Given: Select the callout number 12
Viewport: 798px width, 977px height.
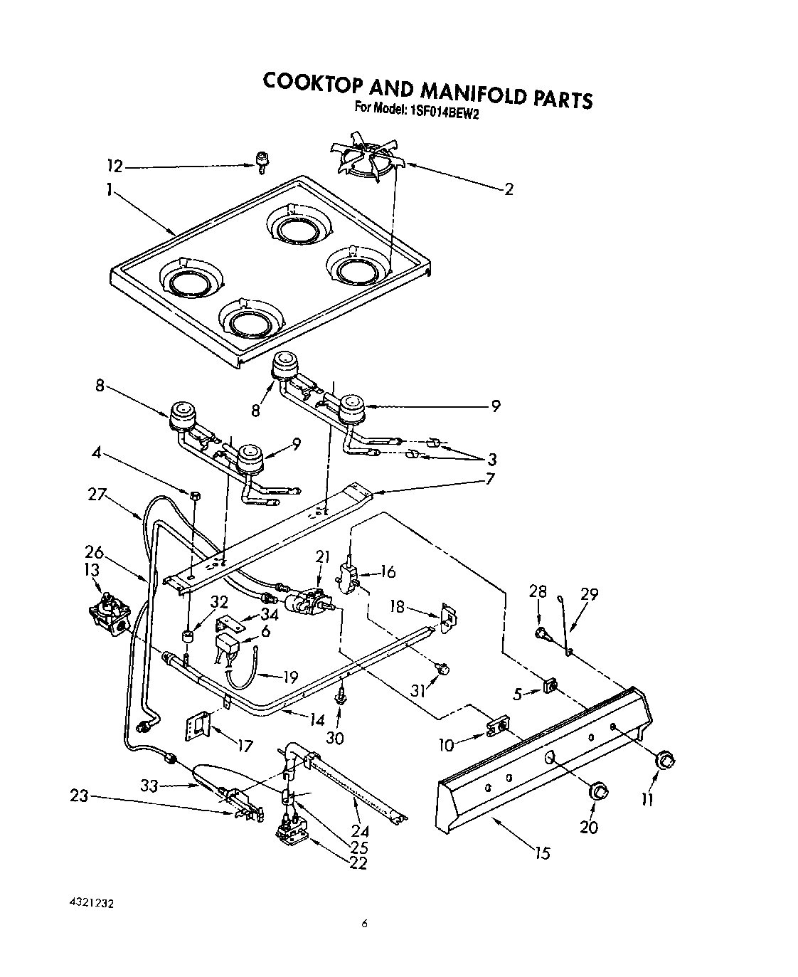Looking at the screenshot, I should pos(115,167).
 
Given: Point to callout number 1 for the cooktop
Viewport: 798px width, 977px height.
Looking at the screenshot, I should pos(110,191).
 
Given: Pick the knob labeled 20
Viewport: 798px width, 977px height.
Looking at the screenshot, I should pos(600,791).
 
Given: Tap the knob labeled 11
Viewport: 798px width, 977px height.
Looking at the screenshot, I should pos(665,760).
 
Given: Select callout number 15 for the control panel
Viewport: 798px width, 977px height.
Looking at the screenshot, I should pos(543,852).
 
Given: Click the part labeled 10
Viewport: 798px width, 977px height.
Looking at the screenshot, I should pos(499,725).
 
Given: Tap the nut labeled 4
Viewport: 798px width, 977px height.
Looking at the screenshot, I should pos(193,494).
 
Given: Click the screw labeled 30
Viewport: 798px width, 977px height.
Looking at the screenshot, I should pos(342,695).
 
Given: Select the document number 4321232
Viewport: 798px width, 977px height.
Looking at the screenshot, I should pos(92,903).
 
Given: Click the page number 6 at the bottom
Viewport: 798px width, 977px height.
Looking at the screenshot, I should pos(364,924).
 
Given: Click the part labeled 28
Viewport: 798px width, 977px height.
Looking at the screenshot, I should pos(543,633).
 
